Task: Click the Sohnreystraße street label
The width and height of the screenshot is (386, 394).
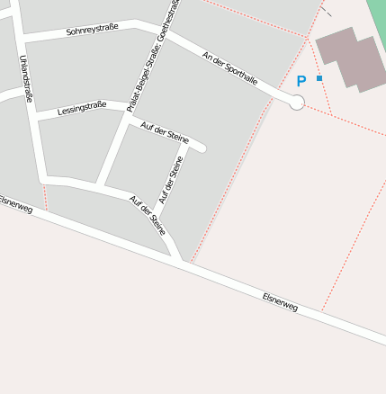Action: tap(92, 31)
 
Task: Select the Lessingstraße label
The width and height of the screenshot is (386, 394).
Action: tap(81, 109)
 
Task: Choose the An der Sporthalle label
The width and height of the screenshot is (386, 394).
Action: tap(230, 68)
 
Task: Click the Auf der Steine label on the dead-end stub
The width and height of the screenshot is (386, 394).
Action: tap(165, 133)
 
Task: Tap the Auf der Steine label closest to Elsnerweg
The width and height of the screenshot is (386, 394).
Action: tap(148, 215)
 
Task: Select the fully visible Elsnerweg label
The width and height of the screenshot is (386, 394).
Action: tap(280, 301)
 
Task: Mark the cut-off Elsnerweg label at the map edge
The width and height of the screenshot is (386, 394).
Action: tap(16, 204)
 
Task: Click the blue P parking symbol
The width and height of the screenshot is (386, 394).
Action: tap(301, 81)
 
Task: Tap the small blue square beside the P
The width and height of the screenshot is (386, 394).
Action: tap(319, 78)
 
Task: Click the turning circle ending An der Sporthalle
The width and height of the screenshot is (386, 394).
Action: tap(297, 103)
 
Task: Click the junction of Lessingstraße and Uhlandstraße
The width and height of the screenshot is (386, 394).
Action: tap(36, 117)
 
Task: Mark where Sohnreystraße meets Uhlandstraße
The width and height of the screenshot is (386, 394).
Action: tap(22, 38)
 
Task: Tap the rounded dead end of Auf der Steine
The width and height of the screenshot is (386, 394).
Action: tap(202, 148)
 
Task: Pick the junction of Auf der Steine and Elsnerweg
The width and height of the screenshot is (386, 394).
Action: tap(184, 262)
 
